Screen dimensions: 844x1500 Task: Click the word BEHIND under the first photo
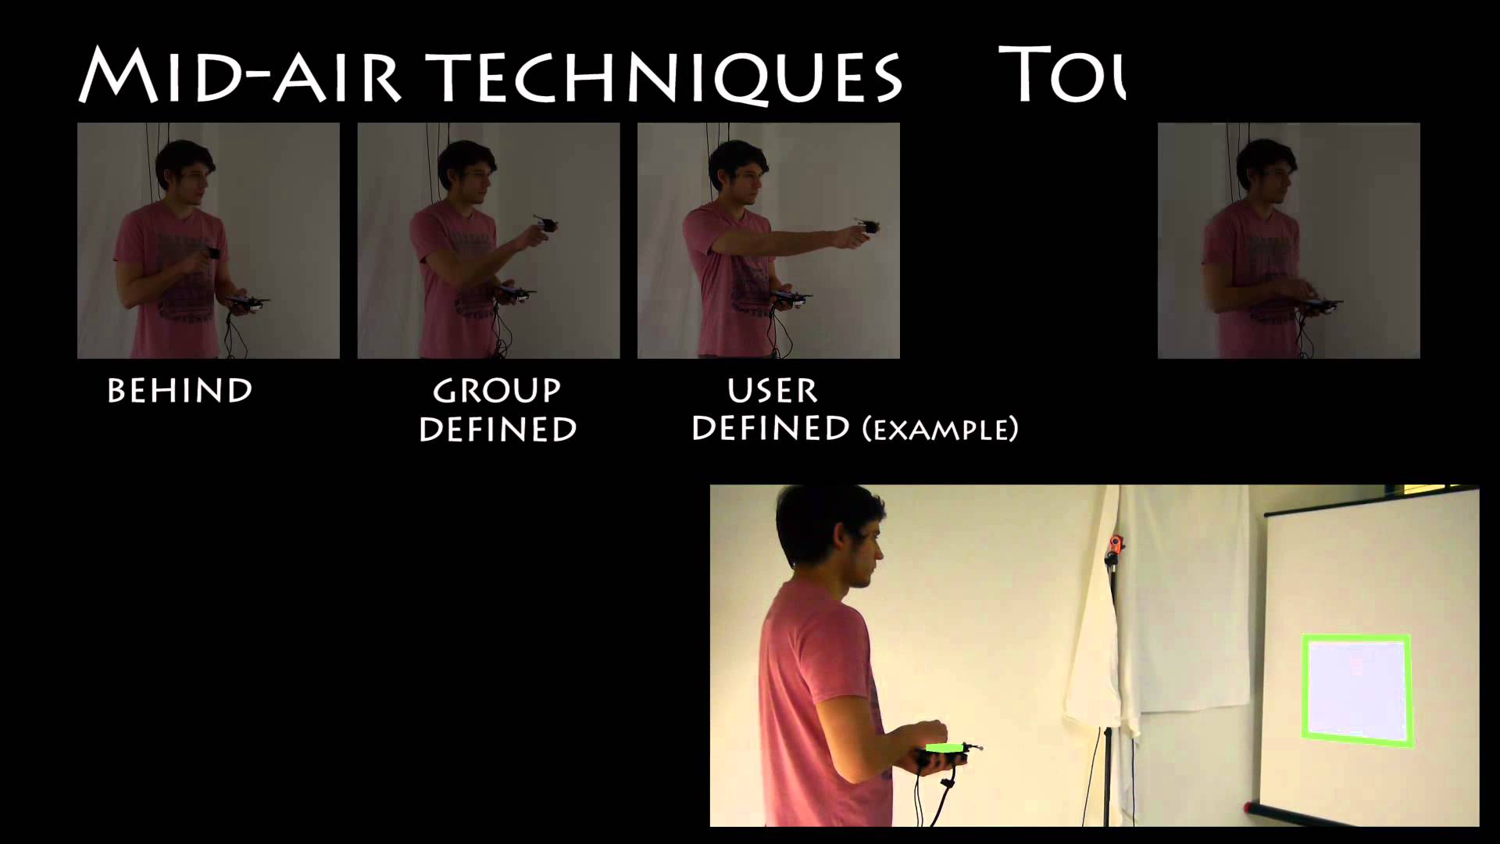[x=180, y=391]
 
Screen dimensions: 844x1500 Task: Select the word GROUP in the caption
[x=497, y=391]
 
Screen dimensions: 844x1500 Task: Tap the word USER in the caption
[x=772, y=390]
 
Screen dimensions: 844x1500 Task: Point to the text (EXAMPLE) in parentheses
[x=940, y=430]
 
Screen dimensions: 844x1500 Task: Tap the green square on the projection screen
[x=1356, y=689]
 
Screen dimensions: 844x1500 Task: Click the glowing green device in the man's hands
[x=944, y=749]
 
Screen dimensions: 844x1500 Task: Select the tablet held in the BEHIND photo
[x=248, y=302]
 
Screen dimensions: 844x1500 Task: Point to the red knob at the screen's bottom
[x=1248, y=806]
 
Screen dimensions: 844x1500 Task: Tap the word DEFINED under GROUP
[x=498, y=430]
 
